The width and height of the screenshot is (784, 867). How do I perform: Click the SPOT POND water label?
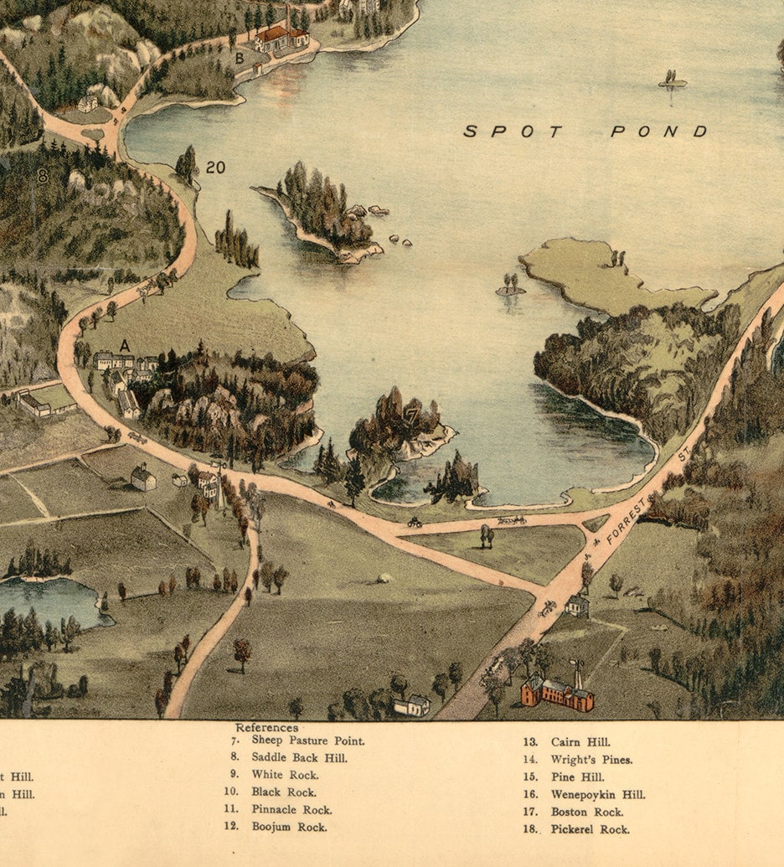coord(585,132)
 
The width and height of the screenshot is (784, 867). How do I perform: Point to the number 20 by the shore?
coord(215,168)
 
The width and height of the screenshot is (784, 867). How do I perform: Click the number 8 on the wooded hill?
coord(42,177)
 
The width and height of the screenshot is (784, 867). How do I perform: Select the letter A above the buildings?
coord(125,345)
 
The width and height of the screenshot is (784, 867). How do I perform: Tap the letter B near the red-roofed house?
coord(240,59)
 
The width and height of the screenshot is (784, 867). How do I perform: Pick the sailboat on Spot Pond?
coord(672,80)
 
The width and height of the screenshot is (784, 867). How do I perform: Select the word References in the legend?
coord(266,728)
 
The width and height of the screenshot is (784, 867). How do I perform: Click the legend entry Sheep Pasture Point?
coord(307,741)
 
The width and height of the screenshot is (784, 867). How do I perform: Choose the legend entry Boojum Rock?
coord(289,827)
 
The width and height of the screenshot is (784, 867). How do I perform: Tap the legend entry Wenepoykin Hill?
coord(597,794)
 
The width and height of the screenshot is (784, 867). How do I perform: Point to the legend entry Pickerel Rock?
coord(590,829)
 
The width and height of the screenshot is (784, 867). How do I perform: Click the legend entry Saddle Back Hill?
coord(299,758)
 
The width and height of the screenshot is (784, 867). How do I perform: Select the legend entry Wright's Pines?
coord(591,760)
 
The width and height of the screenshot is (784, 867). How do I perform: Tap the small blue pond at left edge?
coord(50,600)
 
